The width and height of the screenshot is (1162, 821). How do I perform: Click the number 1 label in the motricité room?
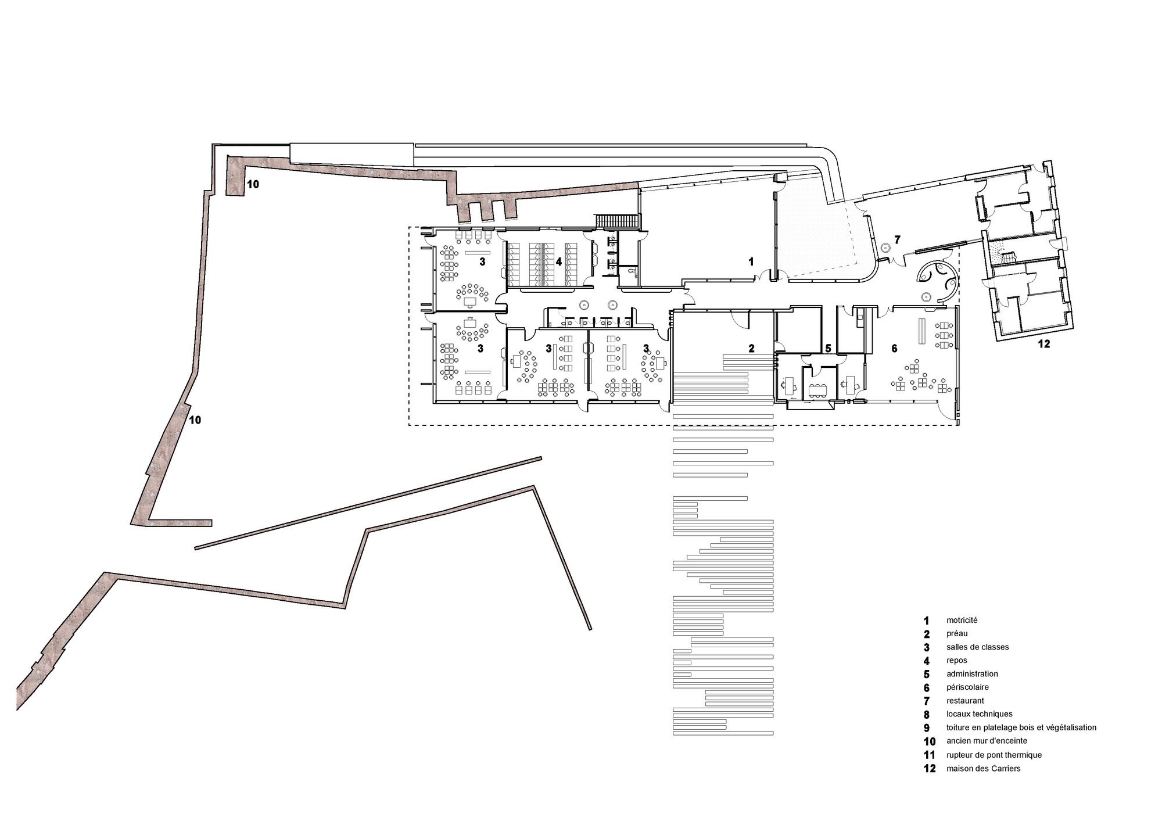point(751,262)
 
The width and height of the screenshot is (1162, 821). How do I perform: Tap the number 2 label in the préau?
point(751,349)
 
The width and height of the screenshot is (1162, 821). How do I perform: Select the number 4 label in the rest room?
point(558,262)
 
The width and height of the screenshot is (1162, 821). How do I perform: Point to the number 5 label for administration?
point(829,349)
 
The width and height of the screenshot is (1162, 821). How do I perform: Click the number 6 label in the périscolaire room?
point(894,349)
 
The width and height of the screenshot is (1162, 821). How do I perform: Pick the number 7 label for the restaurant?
point(897,239)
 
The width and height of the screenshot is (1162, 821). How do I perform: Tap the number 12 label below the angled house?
point(1043,344)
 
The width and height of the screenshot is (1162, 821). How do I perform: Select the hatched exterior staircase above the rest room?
point(616,221)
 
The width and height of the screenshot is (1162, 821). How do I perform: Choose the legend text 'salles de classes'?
point(978,647)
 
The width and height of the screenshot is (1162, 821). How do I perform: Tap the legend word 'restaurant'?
point(966,701)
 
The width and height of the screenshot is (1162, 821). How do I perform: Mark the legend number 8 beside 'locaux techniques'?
point(927,715)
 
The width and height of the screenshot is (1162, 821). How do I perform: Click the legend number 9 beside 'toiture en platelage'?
point(927,728)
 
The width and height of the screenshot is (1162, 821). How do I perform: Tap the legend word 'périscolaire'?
point(968,688)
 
